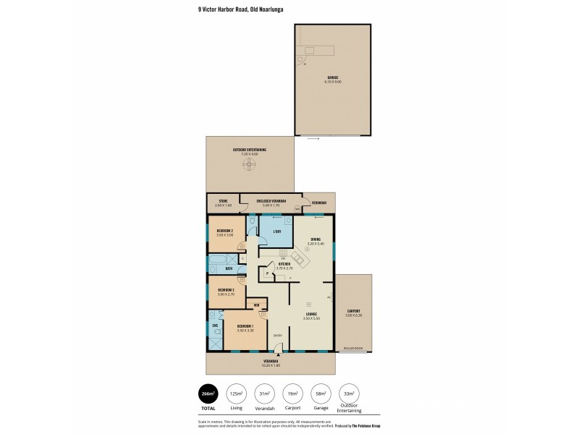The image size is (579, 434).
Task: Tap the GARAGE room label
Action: click(x=333, y=77)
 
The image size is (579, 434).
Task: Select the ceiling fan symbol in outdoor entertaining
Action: click(x=250, y=166)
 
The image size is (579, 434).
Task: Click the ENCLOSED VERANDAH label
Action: click(x=271, y=200)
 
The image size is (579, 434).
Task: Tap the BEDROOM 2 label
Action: click(x=224, y=231)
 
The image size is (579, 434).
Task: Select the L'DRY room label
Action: click(x=276, y=231)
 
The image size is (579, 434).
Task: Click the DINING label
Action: click(x=316, y=239)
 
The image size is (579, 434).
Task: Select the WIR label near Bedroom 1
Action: click(x=256, y=305)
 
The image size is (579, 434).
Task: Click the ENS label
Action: click(x=215, y=325)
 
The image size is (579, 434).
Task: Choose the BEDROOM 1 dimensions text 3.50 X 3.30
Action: click(x=245, y=330)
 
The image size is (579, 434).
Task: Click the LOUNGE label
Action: click(x=312, y=314)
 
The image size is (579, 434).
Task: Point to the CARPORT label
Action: click(x=352, y=311)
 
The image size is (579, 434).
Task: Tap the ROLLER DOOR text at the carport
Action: click(x=353, y=348)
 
